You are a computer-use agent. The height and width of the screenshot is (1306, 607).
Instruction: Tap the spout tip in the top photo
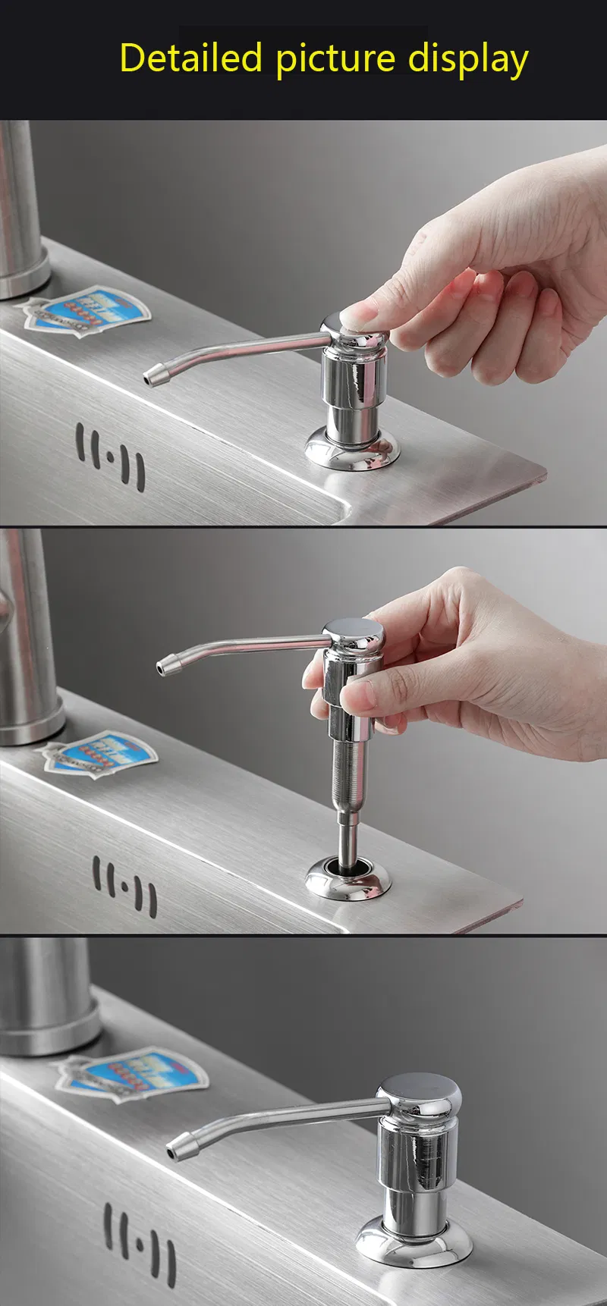click(155, 375)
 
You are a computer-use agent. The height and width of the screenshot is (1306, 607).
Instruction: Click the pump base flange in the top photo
click(352, 448)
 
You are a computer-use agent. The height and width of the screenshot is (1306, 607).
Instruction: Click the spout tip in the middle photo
click(168, 666)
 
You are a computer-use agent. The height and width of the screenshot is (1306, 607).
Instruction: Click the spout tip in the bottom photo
click(179, 1144)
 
